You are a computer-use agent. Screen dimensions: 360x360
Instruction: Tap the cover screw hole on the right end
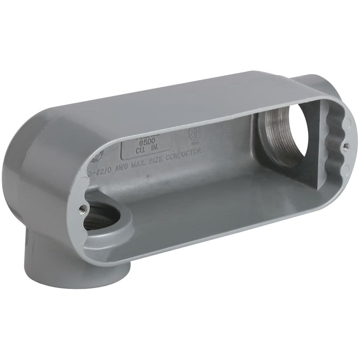[345, 146]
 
